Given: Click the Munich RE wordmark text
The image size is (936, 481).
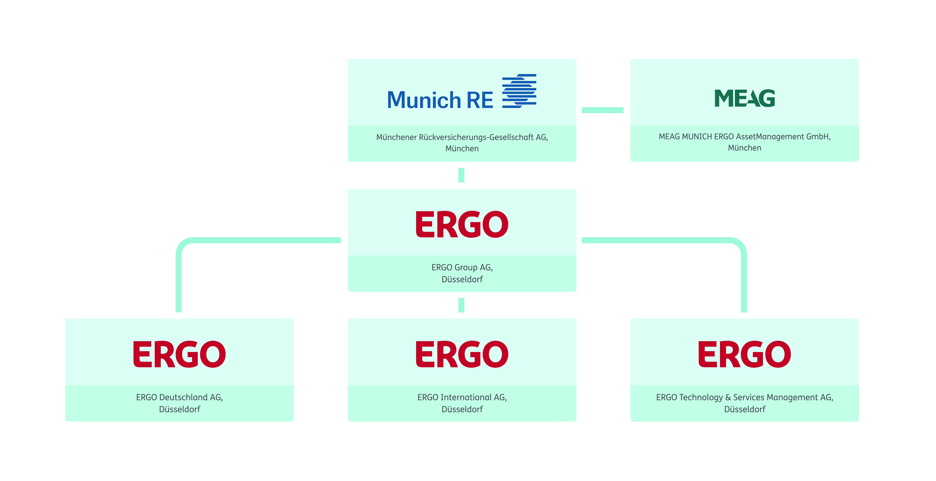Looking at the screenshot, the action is pyautogui.click(x=440, y=100).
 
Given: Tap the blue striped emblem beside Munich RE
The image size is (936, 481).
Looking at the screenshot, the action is pyautogui.click(x=519, y=91).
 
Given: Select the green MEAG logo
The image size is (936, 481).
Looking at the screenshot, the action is pyautogui.click(x=745, y=98).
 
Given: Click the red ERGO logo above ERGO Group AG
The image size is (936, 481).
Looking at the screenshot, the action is pyautogui.click(x=462, y=224).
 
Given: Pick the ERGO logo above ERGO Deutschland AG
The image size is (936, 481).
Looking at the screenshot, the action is pyautogui.click(x=180, y=354).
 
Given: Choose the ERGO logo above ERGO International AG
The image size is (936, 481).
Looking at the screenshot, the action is pyautogui.click(x=462, y=354).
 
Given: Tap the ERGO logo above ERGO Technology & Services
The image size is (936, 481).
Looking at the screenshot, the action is pyautogui.click(x=745, y=354).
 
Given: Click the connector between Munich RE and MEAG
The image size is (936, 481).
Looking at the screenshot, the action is pyautogui.click(x=602, y=110).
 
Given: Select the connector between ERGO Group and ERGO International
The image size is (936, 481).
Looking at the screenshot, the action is pyautogui.click(x=461, y=305).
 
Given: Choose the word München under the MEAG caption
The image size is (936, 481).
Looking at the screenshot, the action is pyautogui.click(x=745, y=148).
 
